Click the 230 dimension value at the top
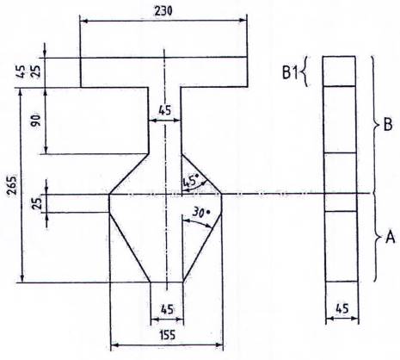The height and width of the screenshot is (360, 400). [163, 11]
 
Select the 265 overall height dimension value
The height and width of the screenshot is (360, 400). [12, 184]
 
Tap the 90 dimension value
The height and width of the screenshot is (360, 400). [36, 121]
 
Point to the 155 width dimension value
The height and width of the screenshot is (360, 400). [167, 335]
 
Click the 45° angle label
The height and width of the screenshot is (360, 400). [190, 181]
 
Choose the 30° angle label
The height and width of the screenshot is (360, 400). [201, 212]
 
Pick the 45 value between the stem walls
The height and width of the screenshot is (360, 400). [164, 110]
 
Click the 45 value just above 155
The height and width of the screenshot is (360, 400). [167, 309]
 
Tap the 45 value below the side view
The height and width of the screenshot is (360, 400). [342, 308]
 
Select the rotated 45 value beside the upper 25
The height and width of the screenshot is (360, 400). [21, 71]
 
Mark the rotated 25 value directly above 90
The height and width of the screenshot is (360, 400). [36, 71]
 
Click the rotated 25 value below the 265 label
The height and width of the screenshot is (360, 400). [37, 203]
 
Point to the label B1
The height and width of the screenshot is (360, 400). [291, 72]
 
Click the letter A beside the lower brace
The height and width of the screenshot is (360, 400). [390, 238]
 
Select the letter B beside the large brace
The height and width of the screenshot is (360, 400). [388, 125]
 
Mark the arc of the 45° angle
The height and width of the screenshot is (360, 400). [196, 187]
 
